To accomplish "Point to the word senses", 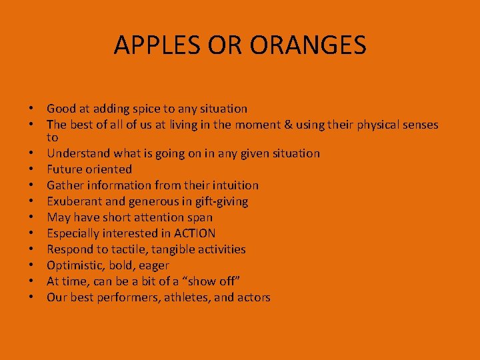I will point(419,125).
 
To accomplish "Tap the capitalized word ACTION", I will point(194,233).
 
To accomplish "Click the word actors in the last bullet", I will point(253,297).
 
